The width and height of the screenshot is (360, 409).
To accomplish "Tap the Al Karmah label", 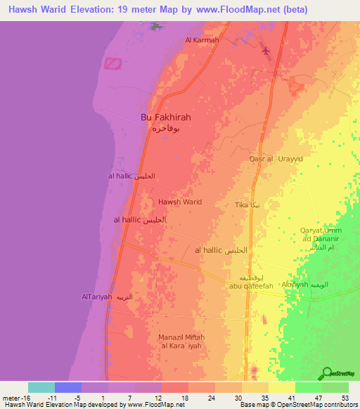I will [202, 40].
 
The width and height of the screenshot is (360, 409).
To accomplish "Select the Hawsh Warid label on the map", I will [180, 202].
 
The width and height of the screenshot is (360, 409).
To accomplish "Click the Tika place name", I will [242, 204].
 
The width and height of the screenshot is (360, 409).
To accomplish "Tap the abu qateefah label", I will [251, 285].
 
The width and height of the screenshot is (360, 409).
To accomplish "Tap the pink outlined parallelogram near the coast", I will [113, 63].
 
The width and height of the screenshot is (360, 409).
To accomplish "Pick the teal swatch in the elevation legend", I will [41, 387].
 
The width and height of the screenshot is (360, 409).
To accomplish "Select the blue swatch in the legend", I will [67, 387].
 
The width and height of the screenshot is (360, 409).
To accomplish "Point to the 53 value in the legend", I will [345, 397].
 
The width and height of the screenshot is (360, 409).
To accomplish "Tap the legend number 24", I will [211, 397].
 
